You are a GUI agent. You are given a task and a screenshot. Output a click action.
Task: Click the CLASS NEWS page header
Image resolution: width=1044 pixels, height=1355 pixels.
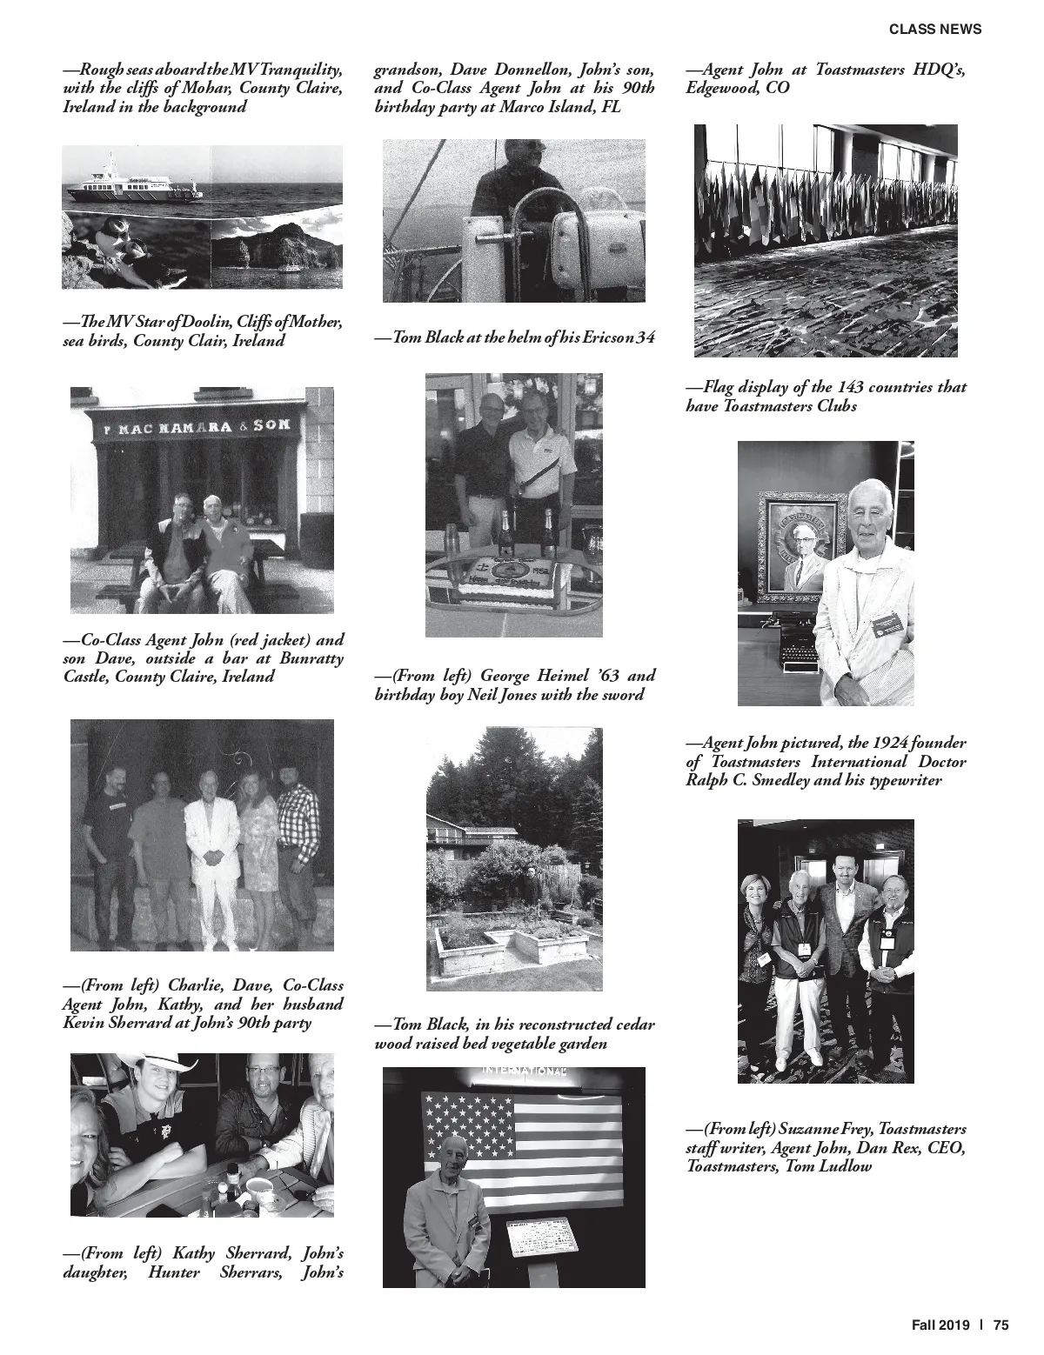934,29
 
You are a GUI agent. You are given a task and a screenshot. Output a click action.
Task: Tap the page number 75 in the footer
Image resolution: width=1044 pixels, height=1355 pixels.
1000,1325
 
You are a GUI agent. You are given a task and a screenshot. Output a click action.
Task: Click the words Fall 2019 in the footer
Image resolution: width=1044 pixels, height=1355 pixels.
940,1325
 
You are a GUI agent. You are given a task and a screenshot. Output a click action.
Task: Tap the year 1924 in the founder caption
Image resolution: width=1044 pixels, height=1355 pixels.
884,743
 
